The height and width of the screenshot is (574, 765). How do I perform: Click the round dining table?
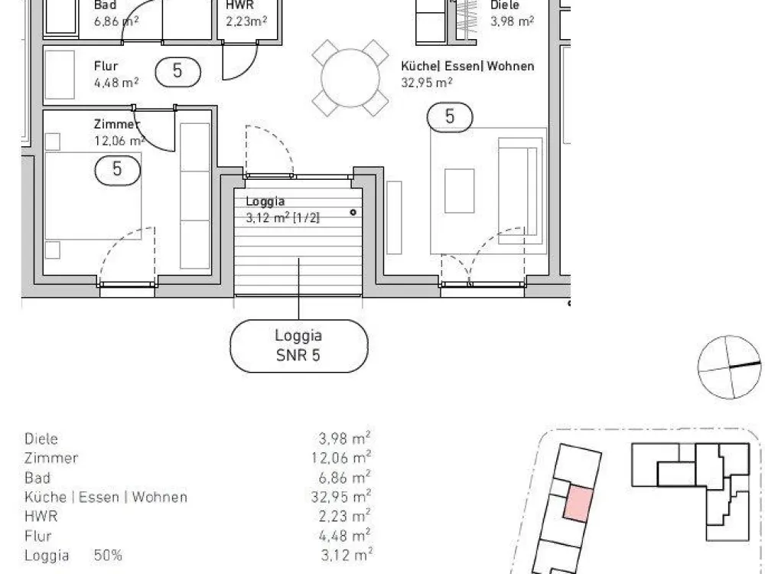click(x=350, y=77)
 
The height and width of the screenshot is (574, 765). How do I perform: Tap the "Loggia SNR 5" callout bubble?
click(x=298, y=346)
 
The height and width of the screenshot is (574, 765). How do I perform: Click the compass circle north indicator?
click(x=729, y=367)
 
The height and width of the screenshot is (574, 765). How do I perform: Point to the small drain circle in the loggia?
click(x=353, y=212)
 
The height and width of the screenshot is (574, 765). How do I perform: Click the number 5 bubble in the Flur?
click(x=177, y=72)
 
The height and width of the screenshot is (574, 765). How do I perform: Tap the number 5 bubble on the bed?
click(x=117, y=171)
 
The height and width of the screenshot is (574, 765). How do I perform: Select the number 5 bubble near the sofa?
click(x=450, y=117)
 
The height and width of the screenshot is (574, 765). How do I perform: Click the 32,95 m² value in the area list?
click(x=341, y=497)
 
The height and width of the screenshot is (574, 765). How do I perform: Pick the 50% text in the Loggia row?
click(x=108, y=556)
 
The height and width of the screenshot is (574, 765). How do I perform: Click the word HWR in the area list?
click(x=41, y=517)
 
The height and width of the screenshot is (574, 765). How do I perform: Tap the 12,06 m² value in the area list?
click(x=341, y=458)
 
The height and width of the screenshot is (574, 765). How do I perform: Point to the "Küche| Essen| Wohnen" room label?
click(x=467, y=66)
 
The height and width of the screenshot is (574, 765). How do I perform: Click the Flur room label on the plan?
click(x=106, y=66)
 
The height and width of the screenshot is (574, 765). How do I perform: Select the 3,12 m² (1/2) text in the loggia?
click(x=282, y=217)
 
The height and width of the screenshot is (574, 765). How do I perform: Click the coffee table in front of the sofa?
click(x=459, y=191)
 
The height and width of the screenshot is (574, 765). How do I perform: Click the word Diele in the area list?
click(x=41, y=439)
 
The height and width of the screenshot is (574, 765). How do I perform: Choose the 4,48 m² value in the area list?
click(x=344, y=536)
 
